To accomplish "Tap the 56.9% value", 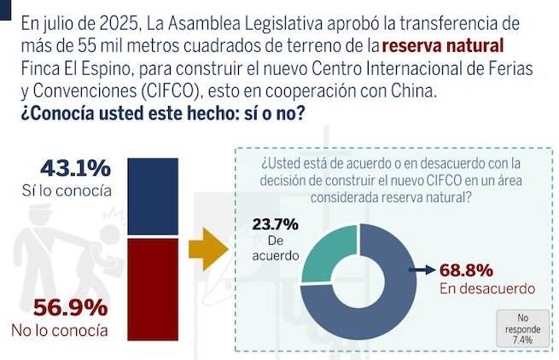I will (71, 308).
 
